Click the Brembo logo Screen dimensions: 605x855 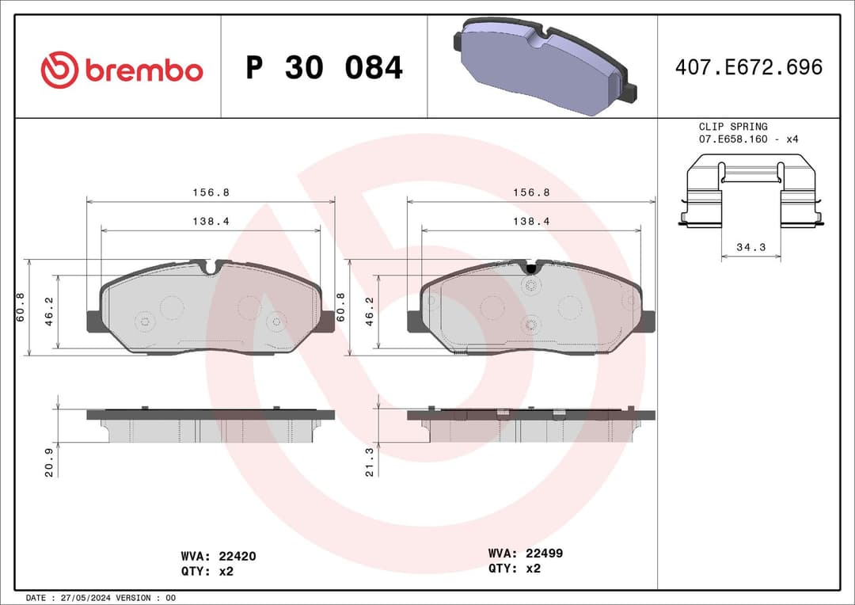click(122, 70)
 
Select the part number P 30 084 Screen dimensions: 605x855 click(324, 68)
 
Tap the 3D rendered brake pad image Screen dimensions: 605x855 click(543, 67)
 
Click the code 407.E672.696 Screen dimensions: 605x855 click(748, 67)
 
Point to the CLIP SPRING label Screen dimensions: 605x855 click(732, 127)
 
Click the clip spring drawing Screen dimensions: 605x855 click(750, 192)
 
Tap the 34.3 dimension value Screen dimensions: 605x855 click(750, 247)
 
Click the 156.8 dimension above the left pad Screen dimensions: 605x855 click(211, 192)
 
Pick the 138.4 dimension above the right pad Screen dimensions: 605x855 click(530, 222)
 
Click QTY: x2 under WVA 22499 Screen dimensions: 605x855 click(514, 568)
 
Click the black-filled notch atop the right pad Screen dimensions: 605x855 click(530, 268)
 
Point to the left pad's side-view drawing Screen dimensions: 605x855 click(211, 426)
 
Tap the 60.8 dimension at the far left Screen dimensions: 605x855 click(21, 306)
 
